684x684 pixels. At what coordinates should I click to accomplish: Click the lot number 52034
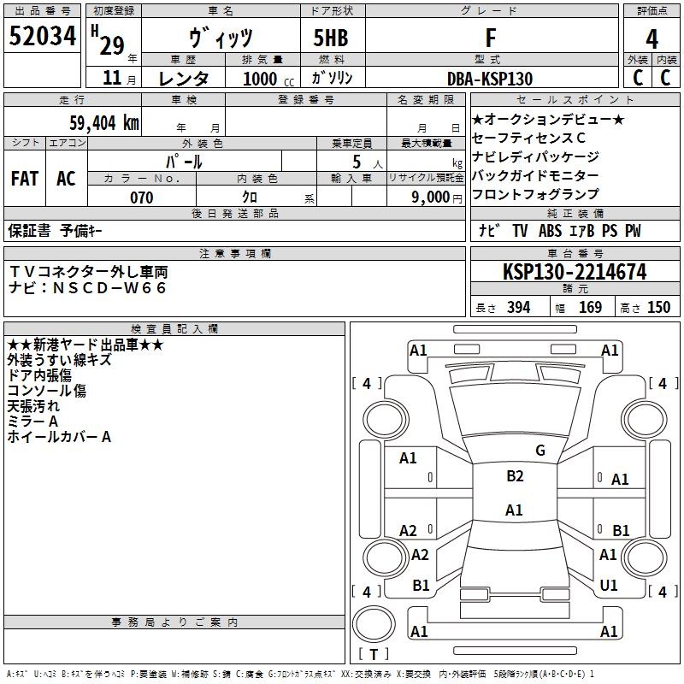(43, 36)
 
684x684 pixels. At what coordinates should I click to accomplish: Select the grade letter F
(491, 38)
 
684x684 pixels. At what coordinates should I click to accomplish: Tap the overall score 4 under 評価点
(652, 38)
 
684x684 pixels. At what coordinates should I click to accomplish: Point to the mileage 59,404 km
(104, 123)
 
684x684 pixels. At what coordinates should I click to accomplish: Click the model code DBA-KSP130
(490, 79)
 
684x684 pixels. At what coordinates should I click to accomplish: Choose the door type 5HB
(331, 38)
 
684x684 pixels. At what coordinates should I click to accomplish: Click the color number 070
(141, 198)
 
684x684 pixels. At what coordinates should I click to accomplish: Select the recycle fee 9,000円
(437, 198)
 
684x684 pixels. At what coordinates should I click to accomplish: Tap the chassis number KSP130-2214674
(575, 272)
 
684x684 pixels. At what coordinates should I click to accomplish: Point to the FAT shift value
(25, 179)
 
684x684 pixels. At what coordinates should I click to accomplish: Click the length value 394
(519, 307)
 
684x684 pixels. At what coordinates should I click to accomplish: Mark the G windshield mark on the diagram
(540, 450)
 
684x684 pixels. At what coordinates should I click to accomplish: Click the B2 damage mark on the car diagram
(516, 476)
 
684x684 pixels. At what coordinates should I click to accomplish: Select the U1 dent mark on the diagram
(609, 585)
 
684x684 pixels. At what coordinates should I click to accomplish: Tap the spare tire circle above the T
(374, 624)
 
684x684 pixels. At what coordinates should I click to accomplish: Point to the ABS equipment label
(550, 231)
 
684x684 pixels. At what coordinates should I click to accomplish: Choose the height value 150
(658, 307)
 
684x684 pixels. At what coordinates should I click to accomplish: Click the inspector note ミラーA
(32, 422)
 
